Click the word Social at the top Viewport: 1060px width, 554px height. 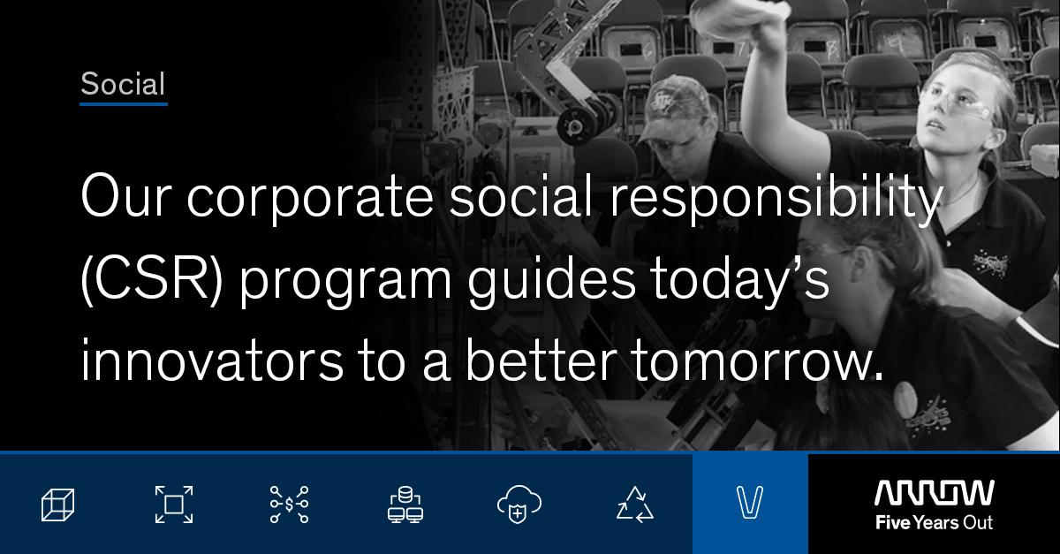pos(123,84)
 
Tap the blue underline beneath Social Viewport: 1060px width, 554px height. pos(124,103)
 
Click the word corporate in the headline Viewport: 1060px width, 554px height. pos(310,198)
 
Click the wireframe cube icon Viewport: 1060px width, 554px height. pos(57,505)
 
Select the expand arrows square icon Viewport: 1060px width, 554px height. pos(174,505)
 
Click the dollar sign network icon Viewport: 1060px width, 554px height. pos(289,505)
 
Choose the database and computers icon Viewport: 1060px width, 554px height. pos(405,505)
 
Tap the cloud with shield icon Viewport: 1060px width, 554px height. pos(519,505)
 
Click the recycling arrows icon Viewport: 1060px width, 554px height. pos(635,505)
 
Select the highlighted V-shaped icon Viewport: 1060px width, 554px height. pos(750,503)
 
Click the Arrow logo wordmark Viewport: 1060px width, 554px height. pos(935,493)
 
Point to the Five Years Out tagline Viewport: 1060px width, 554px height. pos(935,523)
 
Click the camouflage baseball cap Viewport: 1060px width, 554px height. pos(678,105)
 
